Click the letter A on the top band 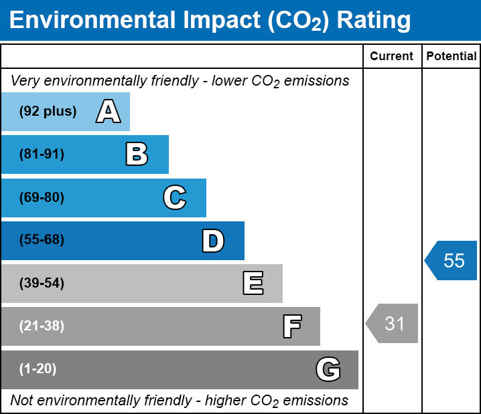point(108,112)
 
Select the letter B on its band point(137,154)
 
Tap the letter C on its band point(175,197)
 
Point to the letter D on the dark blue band point(213,241)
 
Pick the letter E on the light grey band point(253,284)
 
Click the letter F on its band point(291,326)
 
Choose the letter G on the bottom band point(328,369)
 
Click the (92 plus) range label point(48,112)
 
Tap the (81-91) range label point(42,154)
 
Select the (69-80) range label point(42,197)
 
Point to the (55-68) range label point(42,240)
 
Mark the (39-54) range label point(42,284)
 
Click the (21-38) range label point(42,326)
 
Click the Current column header point(392,57)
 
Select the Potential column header point(452,57)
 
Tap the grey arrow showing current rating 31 point(393,324)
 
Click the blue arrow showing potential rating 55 point(452,260)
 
